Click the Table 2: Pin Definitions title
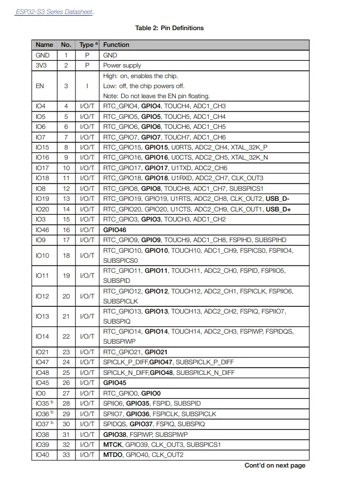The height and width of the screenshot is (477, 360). click(169, 28)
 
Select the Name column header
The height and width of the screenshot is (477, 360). click(44, 45)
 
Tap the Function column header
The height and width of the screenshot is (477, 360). click(116, 45)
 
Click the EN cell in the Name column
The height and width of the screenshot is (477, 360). click(40, 86)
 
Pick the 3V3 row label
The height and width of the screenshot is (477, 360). click(42, 65)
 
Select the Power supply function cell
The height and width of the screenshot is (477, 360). click(122, 65)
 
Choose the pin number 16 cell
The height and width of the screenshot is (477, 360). click(66, 229)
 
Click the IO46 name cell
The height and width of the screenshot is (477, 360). click(42, 229)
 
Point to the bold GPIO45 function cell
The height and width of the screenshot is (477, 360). click(115, 383)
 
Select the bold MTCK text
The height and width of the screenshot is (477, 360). click(113, 444)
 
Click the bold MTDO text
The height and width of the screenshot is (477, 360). click(113, 455)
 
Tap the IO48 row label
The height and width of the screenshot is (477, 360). click(42, 372)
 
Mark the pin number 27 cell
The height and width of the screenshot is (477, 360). click(66, 393)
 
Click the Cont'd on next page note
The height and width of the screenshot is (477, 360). click(275, 465)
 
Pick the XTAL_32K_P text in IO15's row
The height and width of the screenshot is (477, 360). click(249, 147)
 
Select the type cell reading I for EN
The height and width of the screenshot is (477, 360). click(87, 86)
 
